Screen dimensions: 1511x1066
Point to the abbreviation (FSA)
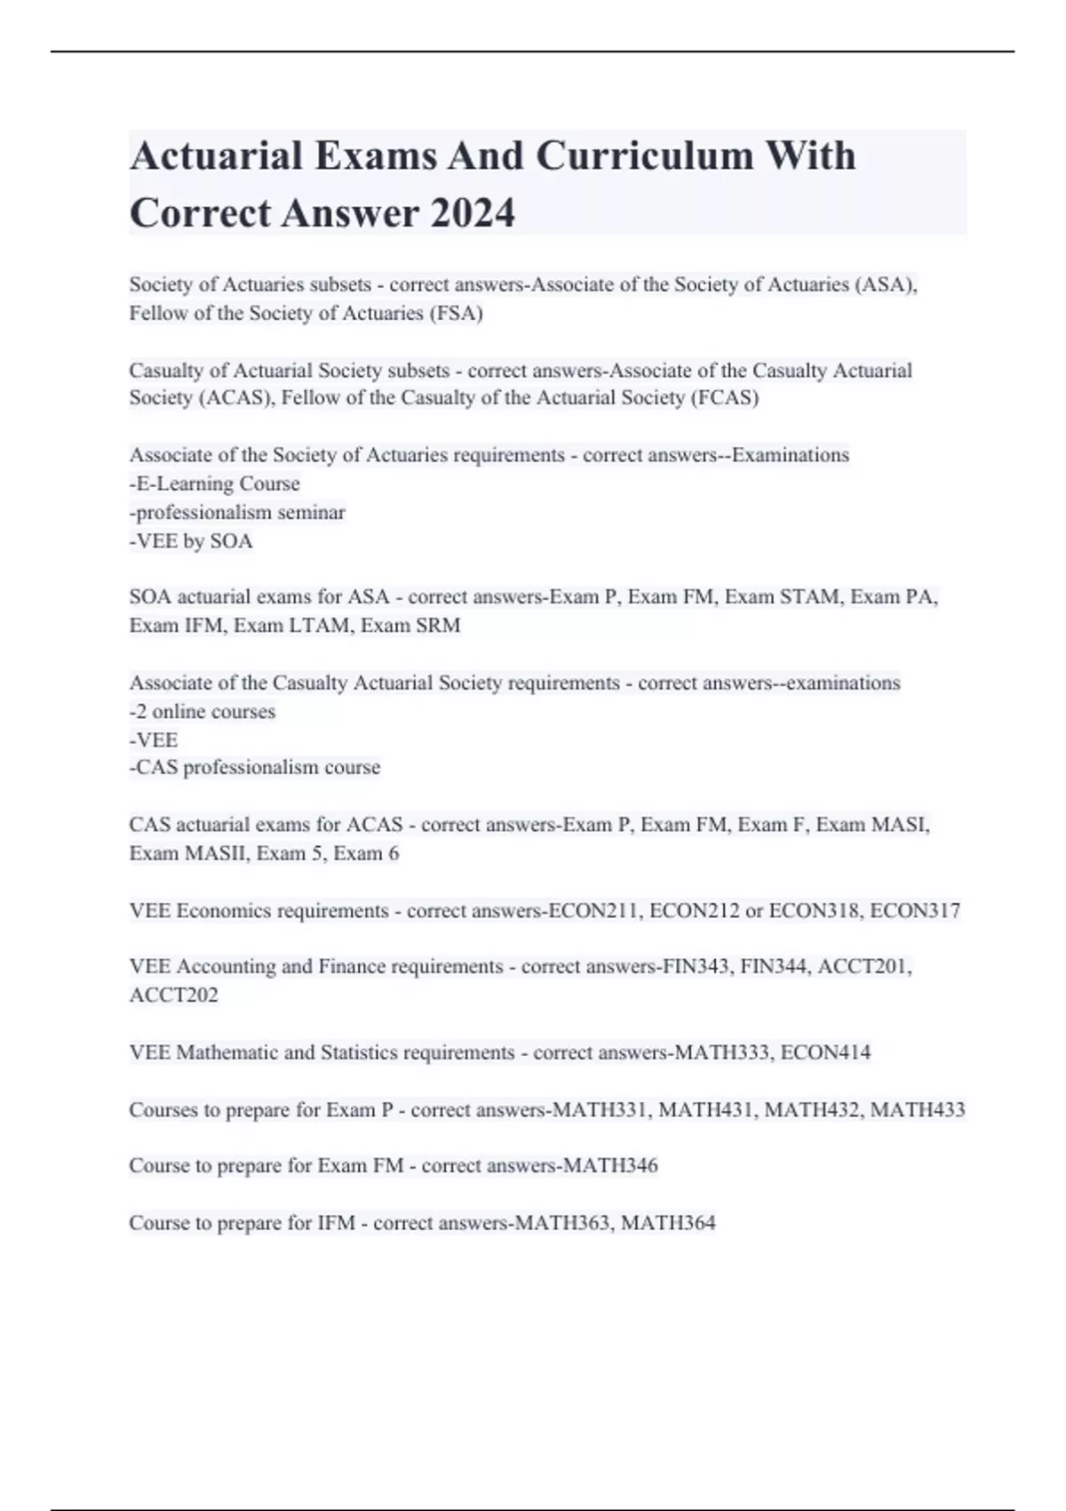coord(456,313)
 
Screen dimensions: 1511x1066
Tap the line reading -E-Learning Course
coord(215,484)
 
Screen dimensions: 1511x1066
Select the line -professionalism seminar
coord(237,512)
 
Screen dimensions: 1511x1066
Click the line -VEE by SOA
coord(191,540)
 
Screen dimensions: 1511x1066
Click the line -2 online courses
coord(203,711)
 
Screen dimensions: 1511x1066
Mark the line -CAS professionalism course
coord(255,767)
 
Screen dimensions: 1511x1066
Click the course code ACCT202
coord(173,995)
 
